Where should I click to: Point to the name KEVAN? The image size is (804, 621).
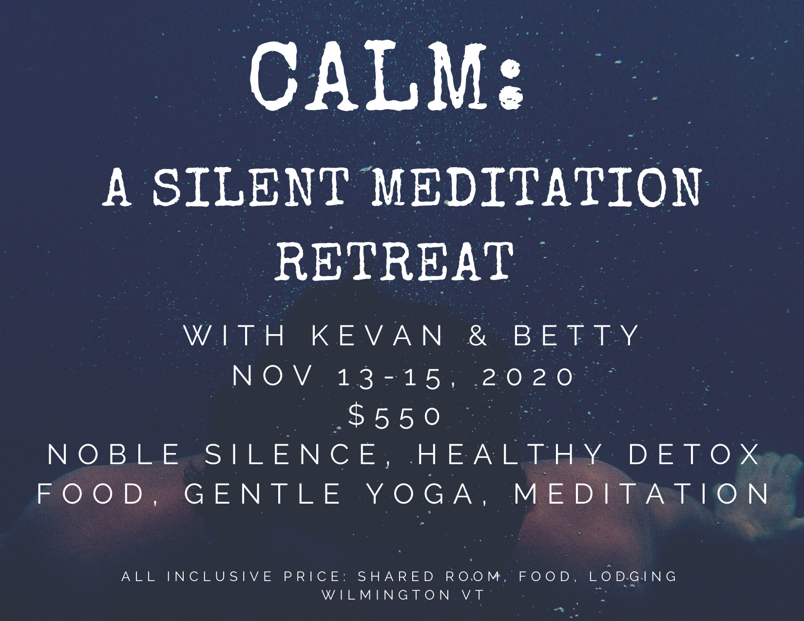click(x=378, y=336)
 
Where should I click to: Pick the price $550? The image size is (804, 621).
click(x=395, y=417)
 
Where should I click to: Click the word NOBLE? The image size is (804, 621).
click(x=114, y=454)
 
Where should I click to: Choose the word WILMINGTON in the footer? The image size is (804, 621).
click(x=382, y=595)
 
